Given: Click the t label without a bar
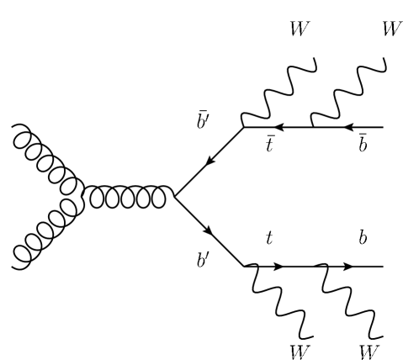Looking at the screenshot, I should pos(270,241).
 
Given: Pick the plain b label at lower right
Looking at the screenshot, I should pos(363,239).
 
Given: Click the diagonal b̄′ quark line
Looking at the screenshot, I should pos(207,162).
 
